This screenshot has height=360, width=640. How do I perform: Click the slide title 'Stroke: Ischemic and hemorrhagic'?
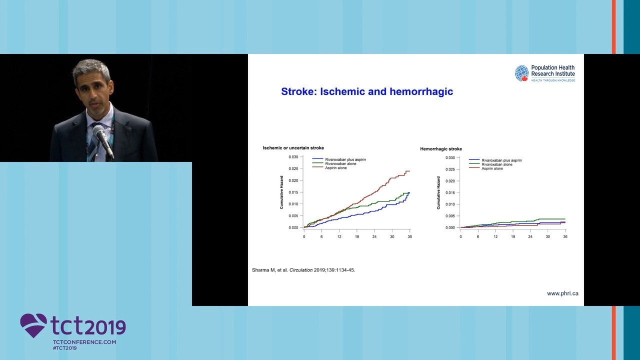[x=367, y=91]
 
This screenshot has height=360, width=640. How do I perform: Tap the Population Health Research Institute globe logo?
[x=521, y=73]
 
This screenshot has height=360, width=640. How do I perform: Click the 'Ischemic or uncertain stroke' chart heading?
[x=293, y=147]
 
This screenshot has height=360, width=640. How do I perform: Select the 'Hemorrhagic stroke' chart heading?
[x=441, y=149]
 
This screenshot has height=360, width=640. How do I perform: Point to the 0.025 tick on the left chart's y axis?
[x=293, y=168]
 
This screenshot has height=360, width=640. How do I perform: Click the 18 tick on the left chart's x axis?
[x=357, y=236]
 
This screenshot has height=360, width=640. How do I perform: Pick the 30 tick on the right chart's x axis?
[x=547, y=236]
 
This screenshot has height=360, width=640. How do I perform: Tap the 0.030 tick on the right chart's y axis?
[x=450, y=157]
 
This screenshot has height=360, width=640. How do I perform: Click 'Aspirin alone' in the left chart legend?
[x=335, y=168]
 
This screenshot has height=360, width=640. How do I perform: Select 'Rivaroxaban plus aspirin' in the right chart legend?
[x=501, y=160]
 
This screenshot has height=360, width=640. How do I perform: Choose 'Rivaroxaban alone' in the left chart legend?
[x=340, y=163]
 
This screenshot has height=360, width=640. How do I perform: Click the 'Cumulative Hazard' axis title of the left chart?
[x=281, y=192]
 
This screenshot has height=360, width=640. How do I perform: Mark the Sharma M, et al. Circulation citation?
[x=303, y=270]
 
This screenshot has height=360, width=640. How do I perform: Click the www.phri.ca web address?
[x=562, y=293]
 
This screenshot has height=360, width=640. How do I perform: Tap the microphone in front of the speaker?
[x=103, y=140]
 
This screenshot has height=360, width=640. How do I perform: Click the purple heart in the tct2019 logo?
[x=33, y=325]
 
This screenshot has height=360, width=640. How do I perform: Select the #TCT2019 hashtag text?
[x=65, y=348]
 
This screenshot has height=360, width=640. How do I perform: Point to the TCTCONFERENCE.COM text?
[x=84, y=342]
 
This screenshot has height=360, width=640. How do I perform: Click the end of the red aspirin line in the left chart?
[x=409, y=171]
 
